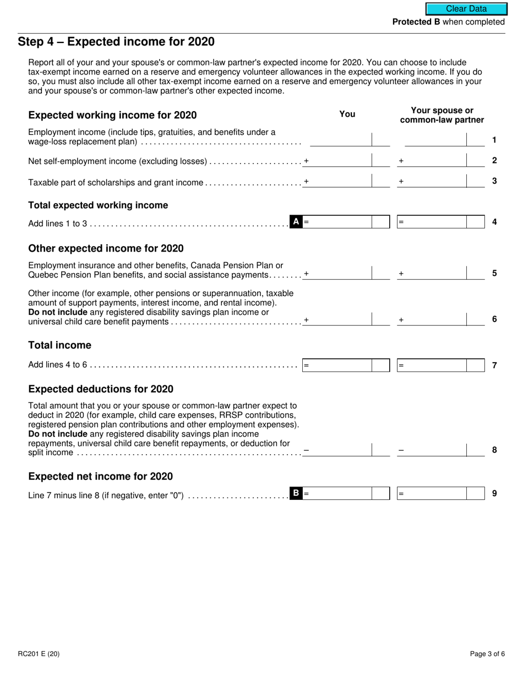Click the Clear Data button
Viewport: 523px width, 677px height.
click(466, 9)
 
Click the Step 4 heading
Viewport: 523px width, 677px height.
click(116, 42)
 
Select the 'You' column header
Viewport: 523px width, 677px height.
click(347, 114)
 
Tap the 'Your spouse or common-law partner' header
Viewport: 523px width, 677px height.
click(442, 115)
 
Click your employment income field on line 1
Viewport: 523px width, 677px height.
click(341, 140)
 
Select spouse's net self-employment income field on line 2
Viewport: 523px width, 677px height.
click(435, 160)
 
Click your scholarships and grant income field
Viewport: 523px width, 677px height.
click(341, 181)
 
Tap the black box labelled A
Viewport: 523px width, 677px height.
click(296, 222)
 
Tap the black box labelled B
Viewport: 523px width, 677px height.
click(296, 493)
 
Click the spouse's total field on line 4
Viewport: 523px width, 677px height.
click(432, 222)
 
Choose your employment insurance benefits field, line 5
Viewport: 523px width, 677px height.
click(341, 273)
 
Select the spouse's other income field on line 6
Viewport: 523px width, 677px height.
click(435, 319)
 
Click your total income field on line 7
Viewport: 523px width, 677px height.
click(337, 365)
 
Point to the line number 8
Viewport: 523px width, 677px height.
click(494, 450)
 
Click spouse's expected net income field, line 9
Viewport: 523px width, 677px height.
click(432, 493)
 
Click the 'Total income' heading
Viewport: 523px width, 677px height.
click(59, 346)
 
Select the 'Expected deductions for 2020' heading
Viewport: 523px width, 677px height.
click(101, 389)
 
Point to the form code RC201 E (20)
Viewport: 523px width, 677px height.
click(39, 654)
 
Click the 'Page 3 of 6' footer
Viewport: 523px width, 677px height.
click(487, 654)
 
